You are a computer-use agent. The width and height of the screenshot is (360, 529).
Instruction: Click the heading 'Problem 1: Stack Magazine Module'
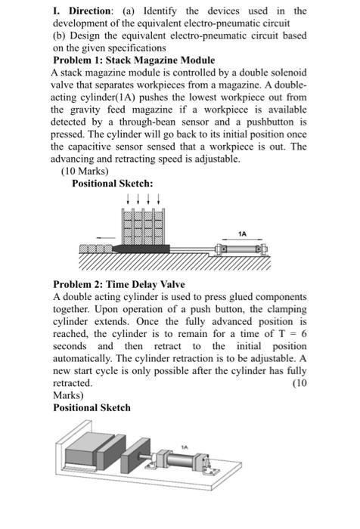(x=134, y=60)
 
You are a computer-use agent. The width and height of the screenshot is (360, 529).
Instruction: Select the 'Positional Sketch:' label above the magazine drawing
(x=112, y=184)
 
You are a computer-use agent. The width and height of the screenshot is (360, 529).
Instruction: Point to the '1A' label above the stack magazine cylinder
(x=241, y=234)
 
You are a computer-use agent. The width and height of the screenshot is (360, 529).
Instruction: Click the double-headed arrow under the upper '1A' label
(x=241, y=242)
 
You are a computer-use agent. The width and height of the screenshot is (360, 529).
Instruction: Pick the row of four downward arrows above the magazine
(x=141, y=199)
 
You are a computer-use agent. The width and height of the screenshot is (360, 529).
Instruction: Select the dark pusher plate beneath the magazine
(x=144, y=248)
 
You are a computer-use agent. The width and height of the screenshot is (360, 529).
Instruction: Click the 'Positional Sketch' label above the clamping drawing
(x=92, y=407)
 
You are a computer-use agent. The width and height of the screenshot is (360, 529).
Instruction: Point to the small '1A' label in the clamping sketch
(x=184, y=447)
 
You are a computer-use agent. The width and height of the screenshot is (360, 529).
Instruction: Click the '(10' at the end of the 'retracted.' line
(x=299, y=383)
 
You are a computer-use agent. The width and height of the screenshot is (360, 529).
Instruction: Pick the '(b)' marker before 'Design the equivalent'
(x=61, y=35)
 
